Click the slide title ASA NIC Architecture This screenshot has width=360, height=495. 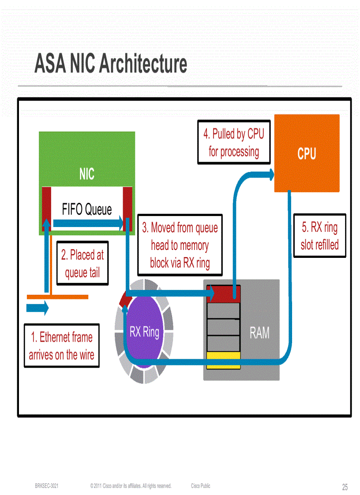(111, 64)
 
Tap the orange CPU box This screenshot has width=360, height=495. (307, 153)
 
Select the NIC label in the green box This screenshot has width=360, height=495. (86, 174)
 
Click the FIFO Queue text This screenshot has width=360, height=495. (87, 209)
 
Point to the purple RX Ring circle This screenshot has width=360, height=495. (144, 331)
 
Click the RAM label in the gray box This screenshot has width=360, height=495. (259, 333)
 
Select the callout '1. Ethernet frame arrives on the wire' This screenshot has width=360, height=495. (61, 346)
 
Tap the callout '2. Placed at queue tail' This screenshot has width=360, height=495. (82, 264)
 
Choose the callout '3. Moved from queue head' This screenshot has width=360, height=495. (180, 245)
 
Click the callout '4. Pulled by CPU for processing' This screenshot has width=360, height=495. (233, 142)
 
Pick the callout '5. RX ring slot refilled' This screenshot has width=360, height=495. (319, 236)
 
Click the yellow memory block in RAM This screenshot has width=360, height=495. (223, 359)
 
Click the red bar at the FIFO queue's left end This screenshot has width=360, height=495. (46, 208)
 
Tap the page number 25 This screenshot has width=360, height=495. (345, 487)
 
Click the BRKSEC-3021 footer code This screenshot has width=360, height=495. (47, 486)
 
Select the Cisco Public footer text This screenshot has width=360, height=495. (201, 486)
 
